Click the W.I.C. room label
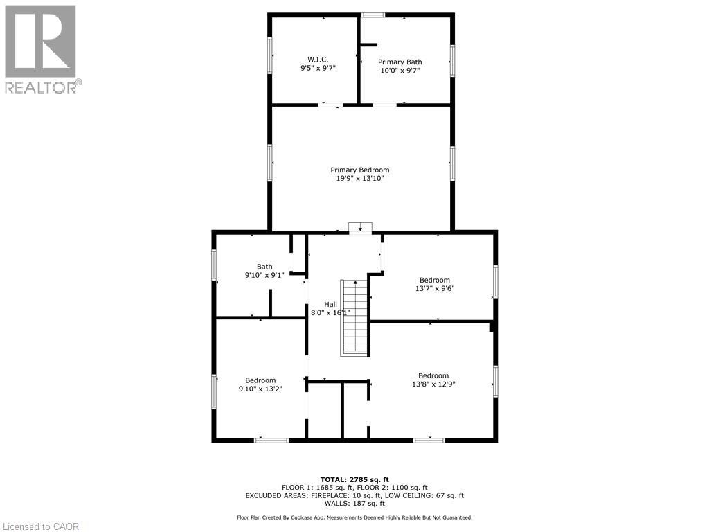coord(318,59)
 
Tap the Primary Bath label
coord(400,62)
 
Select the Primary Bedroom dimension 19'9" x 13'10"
coord(359,179)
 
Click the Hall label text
coord(330,304)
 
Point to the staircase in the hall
coord(354,318)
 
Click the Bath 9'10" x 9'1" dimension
coord(264,275)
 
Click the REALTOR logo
coord(42,48)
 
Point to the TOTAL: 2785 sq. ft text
coord(354,479)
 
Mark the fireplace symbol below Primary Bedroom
coord(360,228)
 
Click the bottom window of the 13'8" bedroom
coord(429,439)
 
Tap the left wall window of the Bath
coord(215,265)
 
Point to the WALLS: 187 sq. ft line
coord(354,504)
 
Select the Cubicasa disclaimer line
coord(354,517)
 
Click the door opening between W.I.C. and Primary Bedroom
coord(330,105)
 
